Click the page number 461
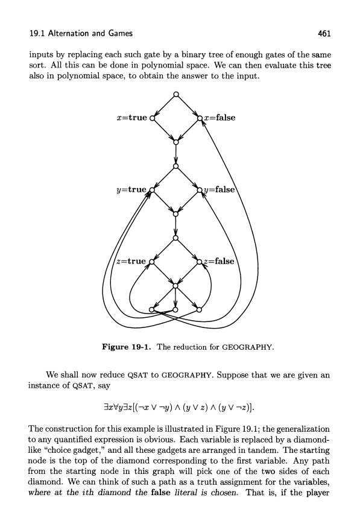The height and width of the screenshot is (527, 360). coord(324,33)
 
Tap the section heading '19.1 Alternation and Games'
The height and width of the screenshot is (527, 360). coord(81,33)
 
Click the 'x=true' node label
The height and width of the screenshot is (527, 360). coord(132,118)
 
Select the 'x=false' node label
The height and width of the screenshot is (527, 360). coord(220,118)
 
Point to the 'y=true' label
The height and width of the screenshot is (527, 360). coord(131,189)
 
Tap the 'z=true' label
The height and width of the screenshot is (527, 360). coord(131,261)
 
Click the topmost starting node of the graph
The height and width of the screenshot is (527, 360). coord(175,94)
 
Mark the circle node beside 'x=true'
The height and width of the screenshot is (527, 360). coord(152,118)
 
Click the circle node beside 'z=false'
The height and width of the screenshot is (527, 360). coord(200,262)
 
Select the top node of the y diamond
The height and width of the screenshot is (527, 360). coord(175,166)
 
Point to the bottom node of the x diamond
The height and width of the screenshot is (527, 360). coord(175,142)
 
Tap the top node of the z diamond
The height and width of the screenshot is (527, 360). coord(175,238)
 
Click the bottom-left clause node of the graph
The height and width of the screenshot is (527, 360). coord(151,309)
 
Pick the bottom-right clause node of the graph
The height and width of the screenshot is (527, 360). coord(199,309)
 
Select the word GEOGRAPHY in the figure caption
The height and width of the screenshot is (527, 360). coord(247,347)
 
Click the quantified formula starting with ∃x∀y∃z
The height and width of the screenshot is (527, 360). coord(179,408)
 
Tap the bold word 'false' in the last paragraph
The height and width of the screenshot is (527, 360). coord(162,493)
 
